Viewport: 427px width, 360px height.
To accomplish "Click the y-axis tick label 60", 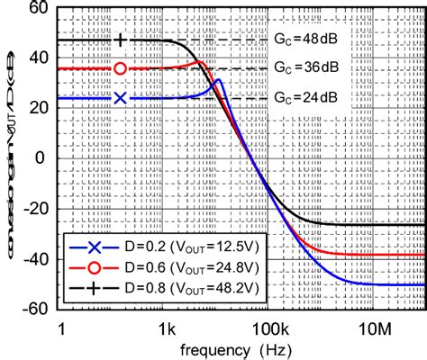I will (38, 9).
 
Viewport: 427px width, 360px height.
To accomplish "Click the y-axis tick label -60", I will (34, 307).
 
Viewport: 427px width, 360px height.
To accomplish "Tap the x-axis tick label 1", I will (60, 325).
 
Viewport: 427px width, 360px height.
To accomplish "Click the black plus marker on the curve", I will (121, 40).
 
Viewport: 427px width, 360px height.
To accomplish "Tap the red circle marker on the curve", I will (121, 68).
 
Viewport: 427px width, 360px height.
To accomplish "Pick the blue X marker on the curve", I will (121, 97).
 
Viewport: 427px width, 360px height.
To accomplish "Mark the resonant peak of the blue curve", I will (217, 81).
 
